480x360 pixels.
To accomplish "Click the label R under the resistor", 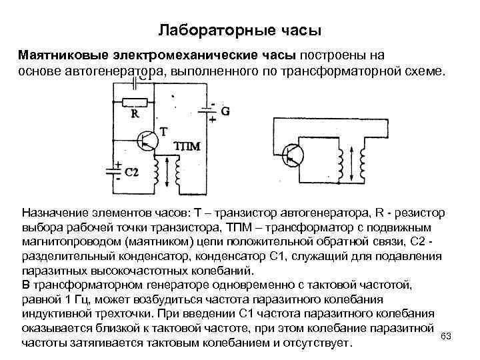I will pyautogui.click(x=135, y=114).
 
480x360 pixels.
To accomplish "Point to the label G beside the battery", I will pyautogui.click(x=225, y=112).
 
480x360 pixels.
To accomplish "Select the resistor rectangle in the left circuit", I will pyautogui.click(x=135, y=102).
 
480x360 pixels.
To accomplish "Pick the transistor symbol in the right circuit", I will pyautogui.click(x=293, y=155).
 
